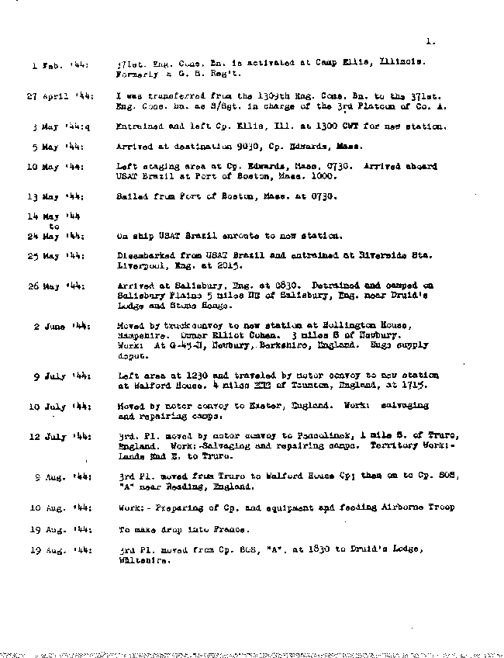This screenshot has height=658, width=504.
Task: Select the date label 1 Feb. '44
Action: tap(60, 66)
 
